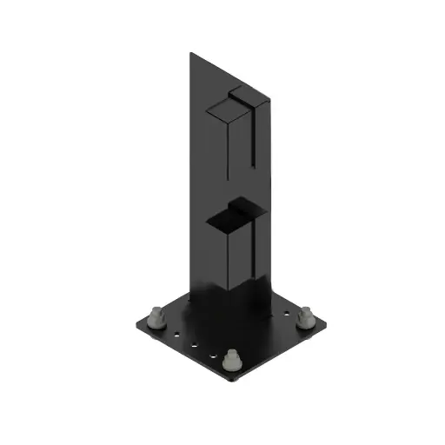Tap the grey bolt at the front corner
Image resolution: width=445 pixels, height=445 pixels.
click(232, 359)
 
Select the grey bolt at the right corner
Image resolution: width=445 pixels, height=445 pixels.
click(305, 318)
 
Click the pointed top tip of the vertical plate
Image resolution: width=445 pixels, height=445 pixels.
click(190, 53)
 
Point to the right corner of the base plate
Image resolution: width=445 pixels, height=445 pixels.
click(329, 328)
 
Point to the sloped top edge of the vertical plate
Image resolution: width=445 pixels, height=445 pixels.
click(228, 70)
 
